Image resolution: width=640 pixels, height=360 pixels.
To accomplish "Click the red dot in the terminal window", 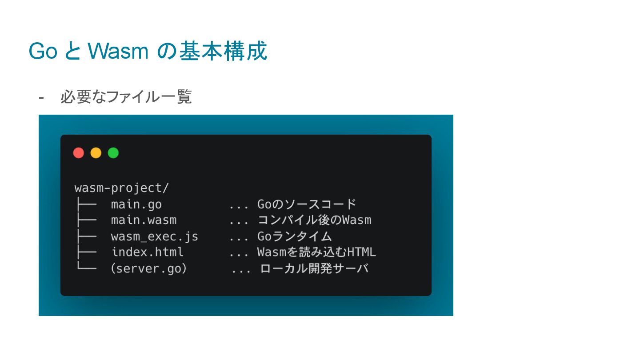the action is click(79, 153).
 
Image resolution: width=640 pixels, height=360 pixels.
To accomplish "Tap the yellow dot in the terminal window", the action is click(96, 153).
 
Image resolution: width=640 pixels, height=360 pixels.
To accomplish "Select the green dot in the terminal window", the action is click(113, 153).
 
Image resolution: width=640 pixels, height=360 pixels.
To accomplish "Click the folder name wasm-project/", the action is click(121, 188).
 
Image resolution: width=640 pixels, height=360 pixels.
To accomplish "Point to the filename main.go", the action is click(136, 204).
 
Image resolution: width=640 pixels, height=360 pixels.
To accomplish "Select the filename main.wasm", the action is click(144, 220).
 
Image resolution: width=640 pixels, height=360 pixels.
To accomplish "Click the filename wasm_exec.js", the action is click(154, 236).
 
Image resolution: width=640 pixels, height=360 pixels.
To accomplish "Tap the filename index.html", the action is click(147, 252).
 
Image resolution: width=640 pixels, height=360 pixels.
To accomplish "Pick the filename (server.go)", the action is click(148, 268).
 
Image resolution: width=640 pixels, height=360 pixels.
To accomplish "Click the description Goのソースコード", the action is click(307, 204).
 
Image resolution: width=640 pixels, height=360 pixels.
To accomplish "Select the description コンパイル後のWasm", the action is click(314, 220).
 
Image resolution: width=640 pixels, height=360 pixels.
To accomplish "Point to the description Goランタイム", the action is click(294, 236).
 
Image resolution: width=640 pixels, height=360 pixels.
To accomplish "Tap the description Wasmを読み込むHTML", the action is click(316, 252).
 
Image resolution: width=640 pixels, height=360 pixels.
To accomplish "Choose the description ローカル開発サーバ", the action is click(314, 268).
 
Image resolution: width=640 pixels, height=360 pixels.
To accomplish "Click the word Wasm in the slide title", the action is click(118, 51).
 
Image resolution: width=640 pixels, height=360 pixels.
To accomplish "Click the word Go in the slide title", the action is click(43, 51).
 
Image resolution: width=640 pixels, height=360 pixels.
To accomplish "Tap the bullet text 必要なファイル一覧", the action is click(126, 96).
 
